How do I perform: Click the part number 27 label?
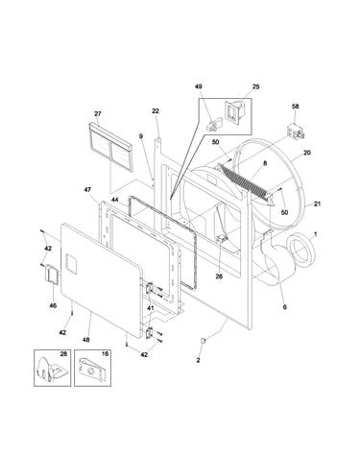[98, 113]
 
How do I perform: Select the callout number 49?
[199, 86]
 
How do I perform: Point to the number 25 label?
[255, 86]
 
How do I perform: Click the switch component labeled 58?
[295, 132]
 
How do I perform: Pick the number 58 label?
[295, 106]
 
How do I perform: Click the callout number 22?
[156, 110]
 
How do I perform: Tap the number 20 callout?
[306, 153]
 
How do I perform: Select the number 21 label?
[317, 204]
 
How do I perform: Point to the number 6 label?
[284, 307]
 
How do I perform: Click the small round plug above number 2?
[203, 340]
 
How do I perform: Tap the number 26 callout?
[219, 276]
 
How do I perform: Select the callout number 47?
[87, 190]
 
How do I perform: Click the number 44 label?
[115, 200]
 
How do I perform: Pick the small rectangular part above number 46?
[52, 274]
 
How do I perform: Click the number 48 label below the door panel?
[85, 340]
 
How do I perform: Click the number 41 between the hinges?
[150, 308]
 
